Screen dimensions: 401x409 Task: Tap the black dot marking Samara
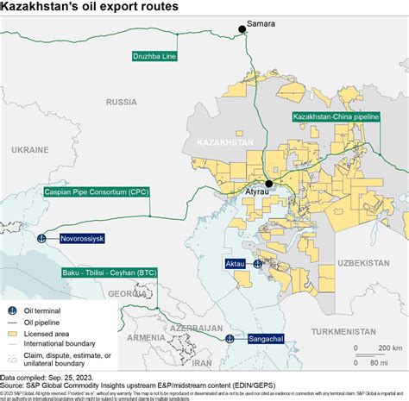click(x=242, y=29)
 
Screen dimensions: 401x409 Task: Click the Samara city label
click(x=261, y=24)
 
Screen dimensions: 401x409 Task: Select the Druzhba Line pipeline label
click(x=154, y=57)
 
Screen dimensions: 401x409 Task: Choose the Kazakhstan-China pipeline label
click(x=335, y=116)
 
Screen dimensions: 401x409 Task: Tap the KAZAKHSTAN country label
click(x=225, y=141)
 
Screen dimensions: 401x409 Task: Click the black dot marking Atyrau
click(x=270, y=184)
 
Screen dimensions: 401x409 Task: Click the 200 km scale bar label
click(x=379, y=347)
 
